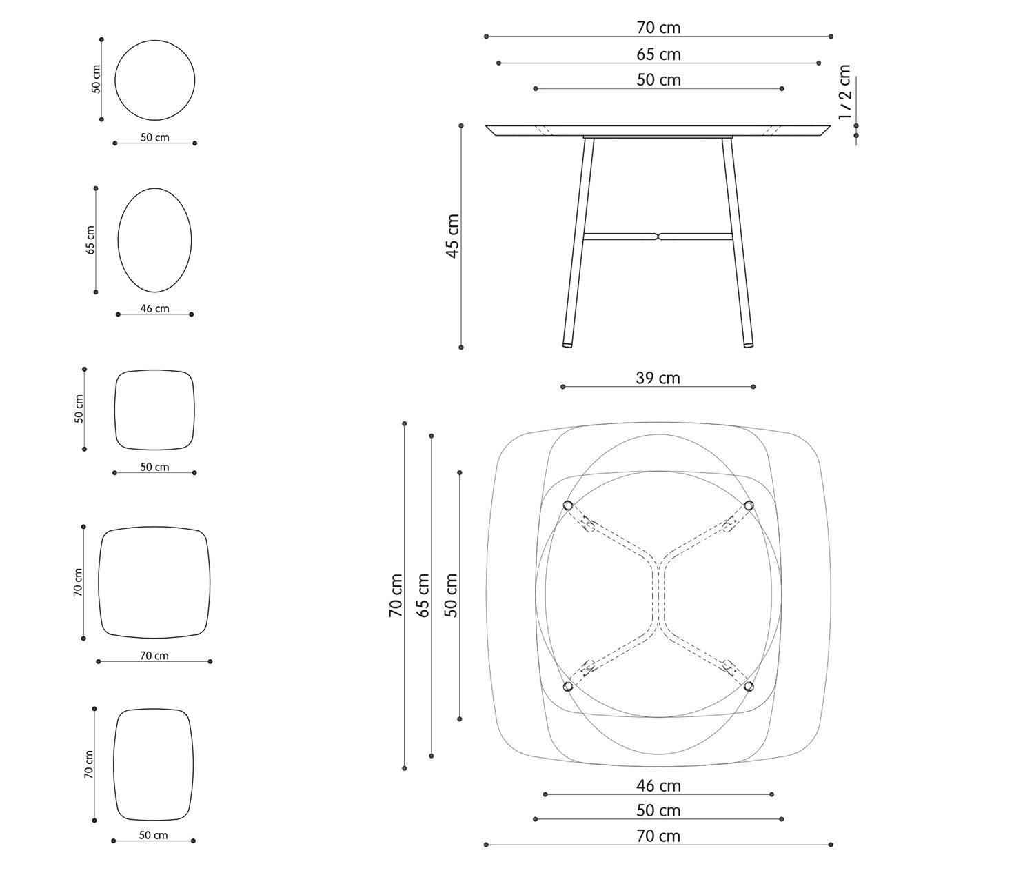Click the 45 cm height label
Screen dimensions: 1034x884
[452, 236]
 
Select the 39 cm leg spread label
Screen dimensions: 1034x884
[658, 378]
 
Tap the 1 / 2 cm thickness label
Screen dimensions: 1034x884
[844, 92]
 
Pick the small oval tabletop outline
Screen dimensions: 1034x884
[118, 240]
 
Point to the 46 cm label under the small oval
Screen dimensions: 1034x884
[154, 309]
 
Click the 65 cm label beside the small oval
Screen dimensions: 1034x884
[90, 240]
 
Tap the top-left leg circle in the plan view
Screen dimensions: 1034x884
[567, 505]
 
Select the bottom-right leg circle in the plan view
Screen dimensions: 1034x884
[749, 686]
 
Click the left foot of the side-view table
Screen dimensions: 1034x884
[567, 345]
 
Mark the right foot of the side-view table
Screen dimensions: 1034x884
[748, 345]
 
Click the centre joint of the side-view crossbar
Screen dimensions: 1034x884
[658, 236]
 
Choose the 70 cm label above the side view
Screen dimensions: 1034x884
[658, 28]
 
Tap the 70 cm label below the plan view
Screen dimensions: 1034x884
[658, 836]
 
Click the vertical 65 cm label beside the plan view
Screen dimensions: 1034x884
[423, 595]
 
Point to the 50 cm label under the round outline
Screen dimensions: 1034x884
[154, 138]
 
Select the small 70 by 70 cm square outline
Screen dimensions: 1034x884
[99, 583]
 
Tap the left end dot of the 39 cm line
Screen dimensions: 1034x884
[562, 387]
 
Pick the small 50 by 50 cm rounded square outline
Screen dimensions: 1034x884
[115, 410]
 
